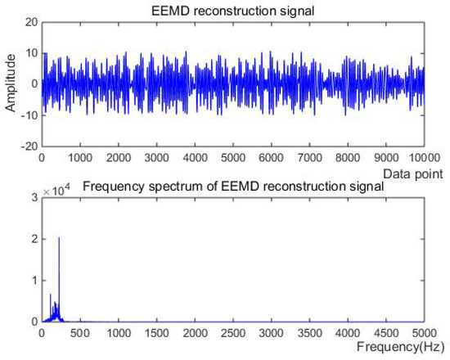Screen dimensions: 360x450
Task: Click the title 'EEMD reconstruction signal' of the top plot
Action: [232, 9]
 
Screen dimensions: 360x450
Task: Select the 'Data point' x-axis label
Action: [415, 173]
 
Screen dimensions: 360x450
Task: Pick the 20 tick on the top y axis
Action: [30, 22]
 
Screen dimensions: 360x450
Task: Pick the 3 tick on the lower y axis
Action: [34, 197]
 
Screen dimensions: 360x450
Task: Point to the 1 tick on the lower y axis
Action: [34, 281]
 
